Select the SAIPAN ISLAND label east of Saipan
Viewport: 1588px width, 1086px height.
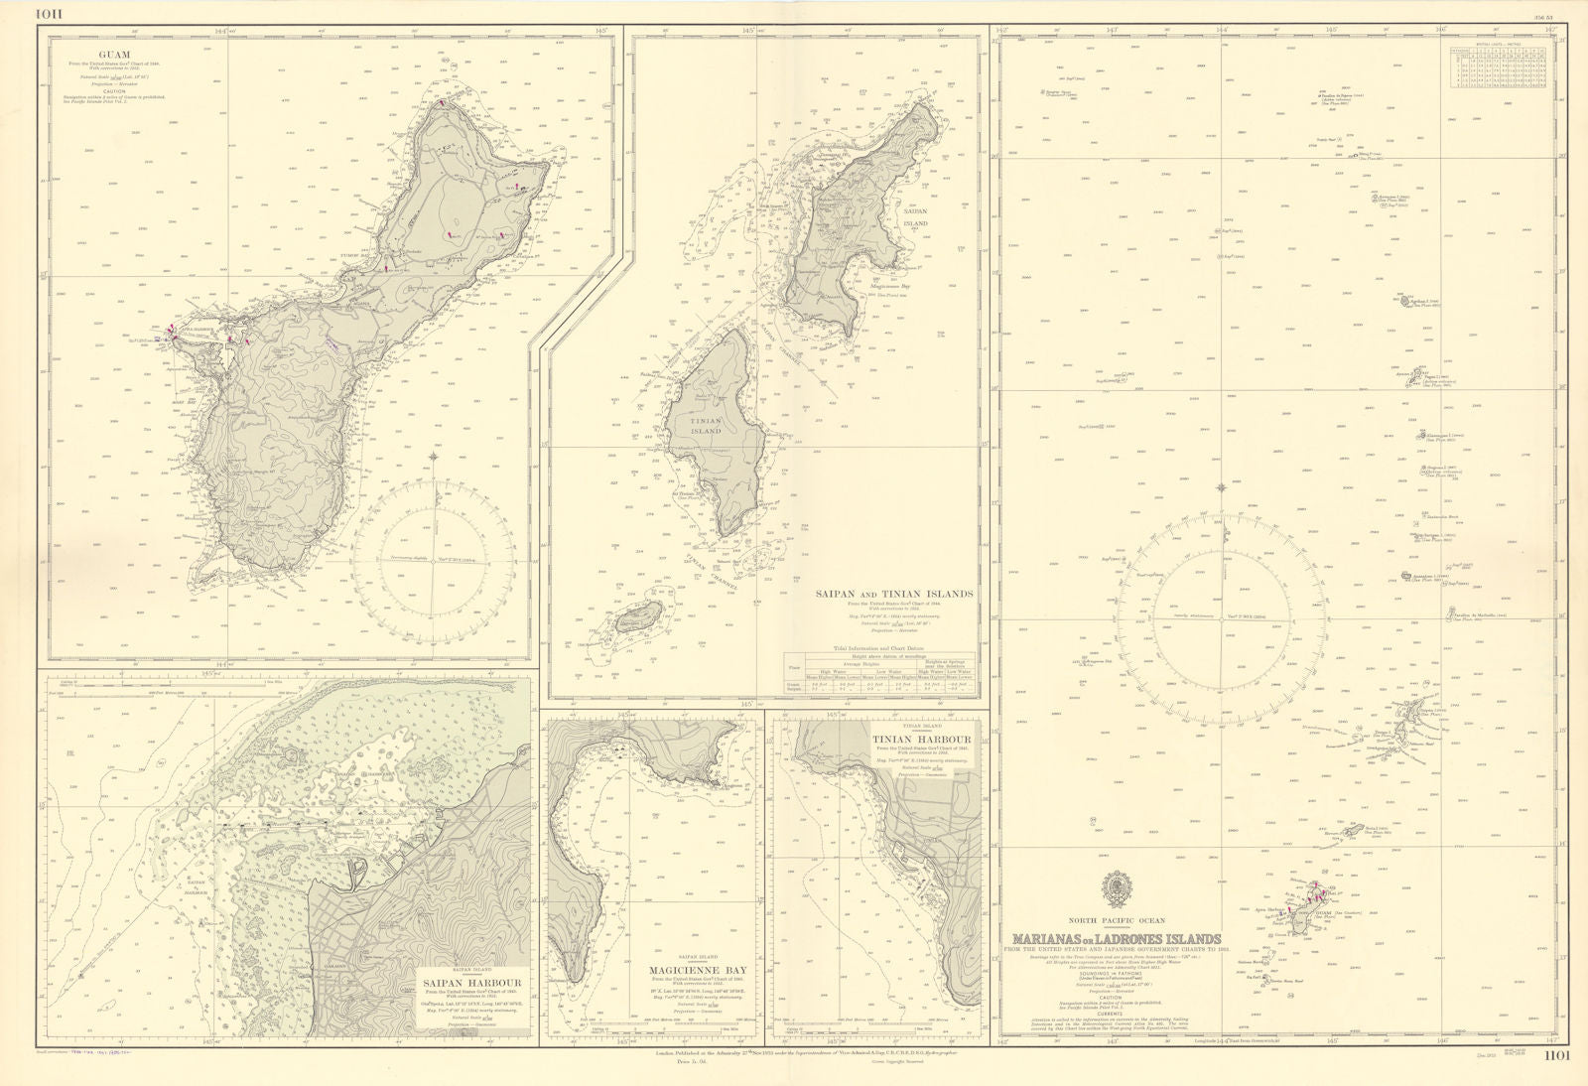(915, 217)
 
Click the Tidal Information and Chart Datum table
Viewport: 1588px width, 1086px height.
(878, 673)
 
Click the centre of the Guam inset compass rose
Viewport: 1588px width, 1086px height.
(434, 561)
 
